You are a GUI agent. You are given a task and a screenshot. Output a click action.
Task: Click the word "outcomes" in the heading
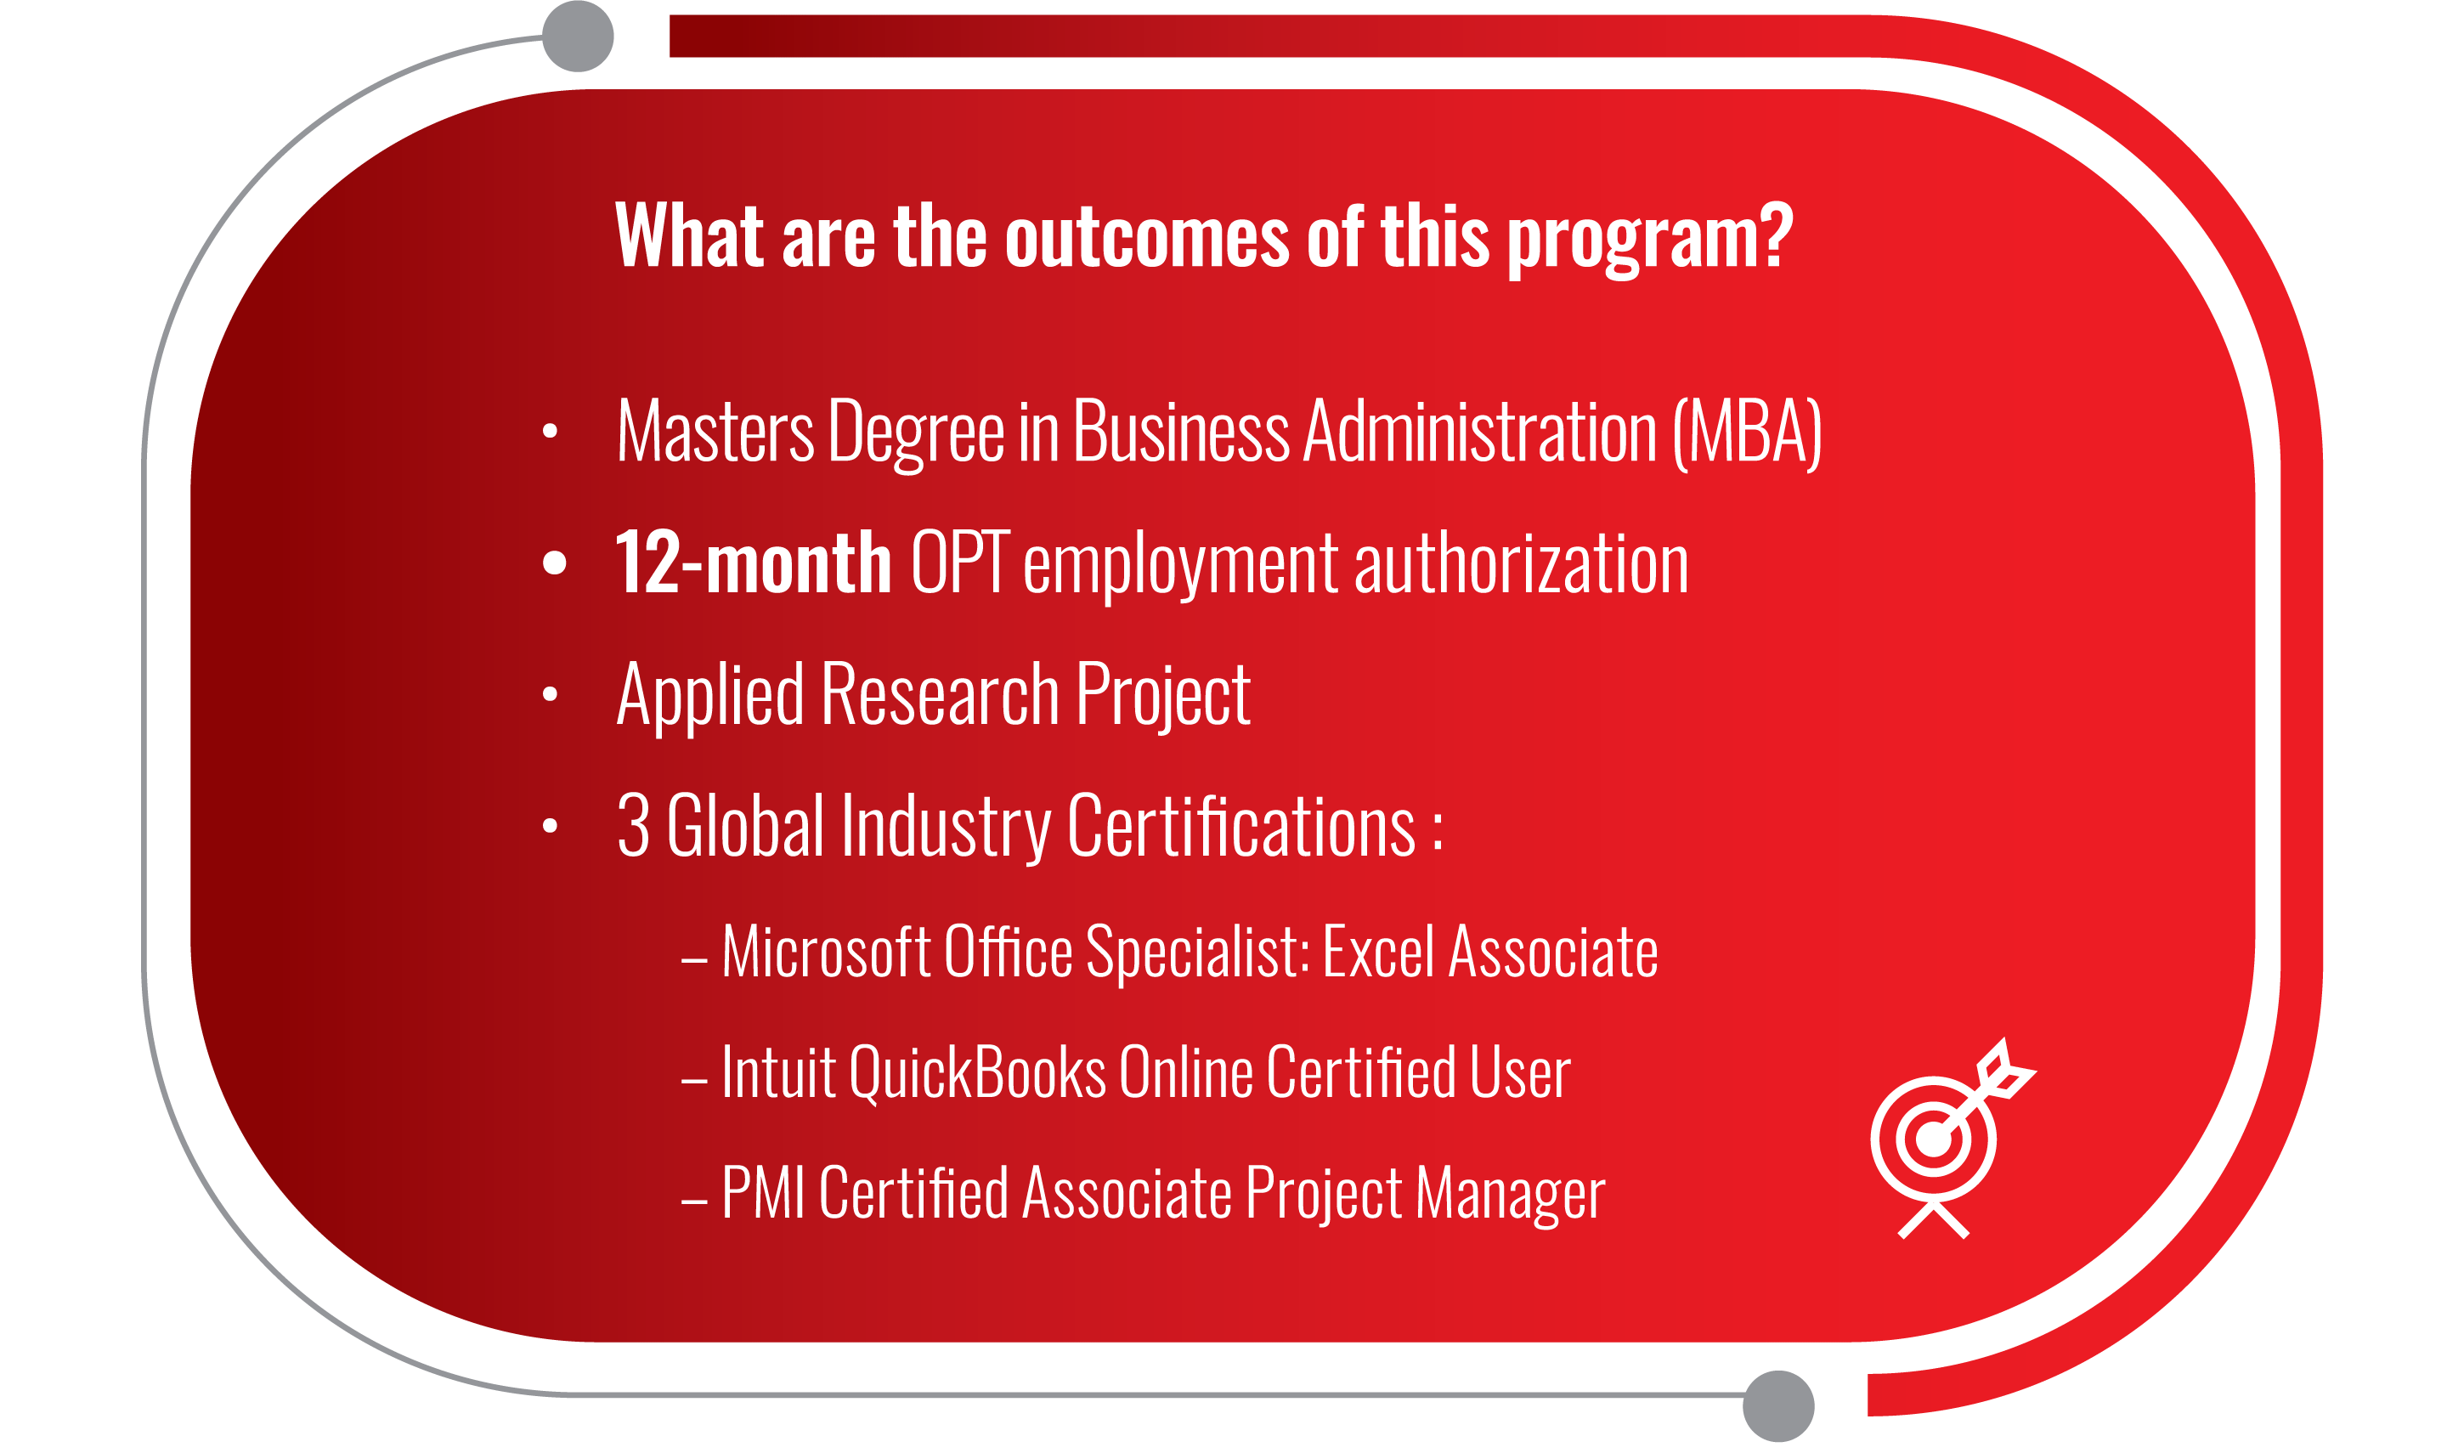click(x=1145, y=236)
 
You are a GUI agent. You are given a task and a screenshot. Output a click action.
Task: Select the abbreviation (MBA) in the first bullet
click(x=1747, y=432)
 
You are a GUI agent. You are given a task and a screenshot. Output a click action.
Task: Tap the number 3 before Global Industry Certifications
click(x=633, y=825)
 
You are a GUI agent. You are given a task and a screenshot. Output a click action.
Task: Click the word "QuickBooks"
click(x=978, y=1073)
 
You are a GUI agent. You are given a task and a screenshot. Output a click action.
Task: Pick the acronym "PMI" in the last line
click(x=764, y=1192)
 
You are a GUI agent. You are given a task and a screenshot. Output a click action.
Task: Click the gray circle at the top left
click(x=578, y=37)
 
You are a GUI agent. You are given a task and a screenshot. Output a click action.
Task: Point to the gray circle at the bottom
click(x=1778, y=1406)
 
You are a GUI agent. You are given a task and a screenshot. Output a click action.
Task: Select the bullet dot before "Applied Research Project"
click(x=549, y=694)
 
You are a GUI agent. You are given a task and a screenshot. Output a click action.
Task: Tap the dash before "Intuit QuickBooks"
click(x=694, y=1081)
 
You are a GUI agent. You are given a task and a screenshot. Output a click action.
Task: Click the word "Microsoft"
click(x=825, y=952)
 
